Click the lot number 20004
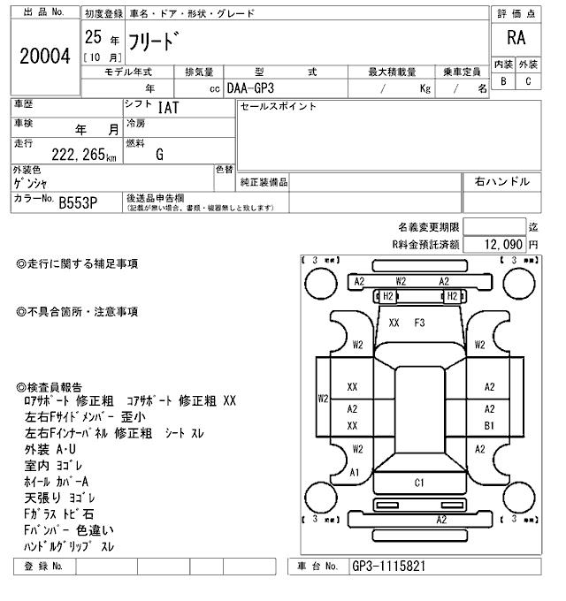coord(44,56)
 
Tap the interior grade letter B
coord(502,82)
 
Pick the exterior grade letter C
coord(528,82)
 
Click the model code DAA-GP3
coord(251,88)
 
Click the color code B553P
coord(77,202)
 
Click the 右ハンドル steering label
coord(501,181)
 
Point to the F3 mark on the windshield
coord(420,323)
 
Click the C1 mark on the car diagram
coord(419,483)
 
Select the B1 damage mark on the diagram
coord(489,425)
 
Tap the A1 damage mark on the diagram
coord(355,472)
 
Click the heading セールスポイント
coord(278,107)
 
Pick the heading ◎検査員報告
coord(51,387)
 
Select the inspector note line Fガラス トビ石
coord(60,514)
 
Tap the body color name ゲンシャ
coord(31,183)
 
